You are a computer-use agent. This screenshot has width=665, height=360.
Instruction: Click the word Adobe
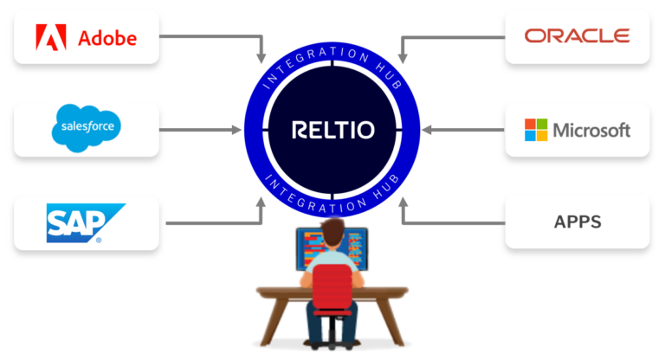point(107,38)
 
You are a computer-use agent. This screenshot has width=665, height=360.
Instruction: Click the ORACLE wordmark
point(577,36)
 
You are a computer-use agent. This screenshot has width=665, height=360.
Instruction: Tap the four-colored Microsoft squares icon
point(535,131)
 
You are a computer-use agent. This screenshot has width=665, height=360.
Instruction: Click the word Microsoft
point(591,131)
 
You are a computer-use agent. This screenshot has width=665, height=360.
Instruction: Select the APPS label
point(577,222)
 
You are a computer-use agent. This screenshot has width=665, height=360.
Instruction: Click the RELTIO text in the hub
point(333,132)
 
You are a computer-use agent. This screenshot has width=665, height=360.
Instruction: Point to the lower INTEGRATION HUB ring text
point(332,193)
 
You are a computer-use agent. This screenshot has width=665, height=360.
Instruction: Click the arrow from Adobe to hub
point(216,36)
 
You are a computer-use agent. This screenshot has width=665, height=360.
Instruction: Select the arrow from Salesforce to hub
point(199,131)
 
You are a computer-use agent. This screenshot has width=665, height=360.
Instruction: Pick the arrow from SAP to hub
point(216,222)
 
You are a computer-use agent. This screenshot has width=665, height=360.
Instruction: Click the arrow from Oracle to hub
point(450,36)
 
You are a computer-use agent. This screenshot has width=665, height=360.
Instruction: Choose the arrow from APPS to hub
point(450,222)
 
